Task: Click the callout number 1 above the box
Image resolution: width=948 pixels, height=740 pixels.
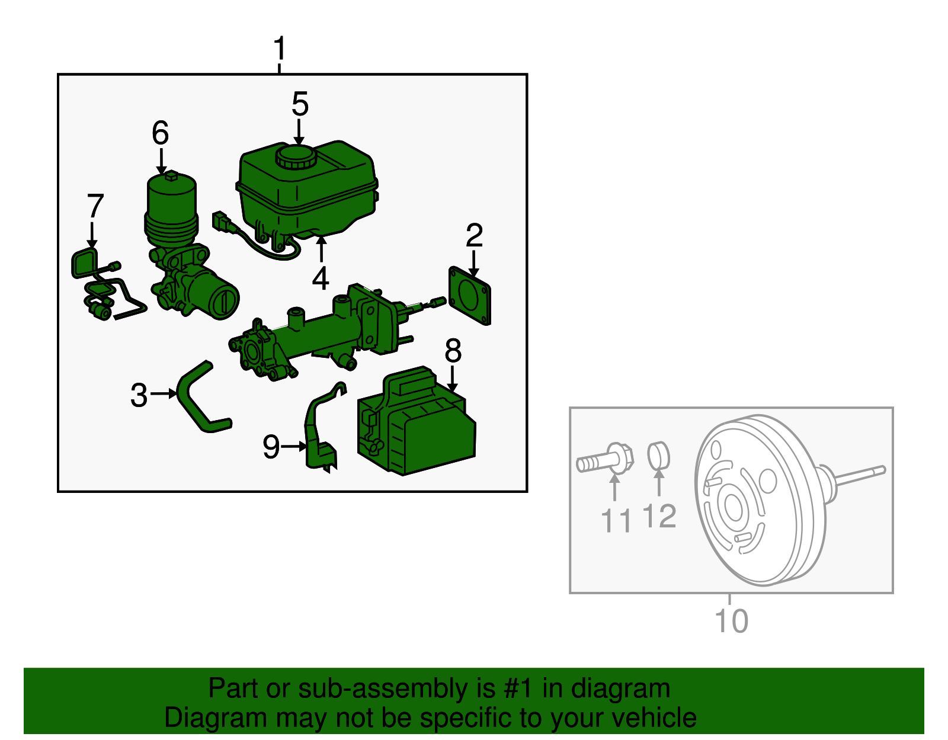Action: [280, 49]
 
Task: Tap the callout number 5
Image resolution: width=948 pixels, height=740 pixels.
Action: [300, 104]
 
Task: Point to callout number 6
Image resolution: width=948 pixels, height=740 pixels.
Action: [160, 133]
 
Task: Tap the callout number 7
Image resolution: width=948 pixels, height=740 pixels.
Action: [95, 206]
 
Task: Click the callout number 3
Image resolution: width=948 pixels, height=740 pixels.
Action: [139, 395]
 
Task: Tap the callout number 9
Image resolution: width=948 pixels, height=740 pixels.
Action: [271, 446]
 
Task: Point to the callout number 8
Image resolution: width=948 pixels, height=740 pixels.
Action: [453, 351]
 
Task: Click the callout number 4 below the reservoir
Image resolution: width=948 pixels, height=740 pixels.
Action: [321, 278]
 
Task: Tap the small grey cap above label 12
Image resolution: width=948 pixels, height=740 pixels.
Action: [658, 454]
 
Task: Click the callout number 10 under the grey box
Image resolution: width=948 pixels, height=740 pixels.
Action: [731, 620]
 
